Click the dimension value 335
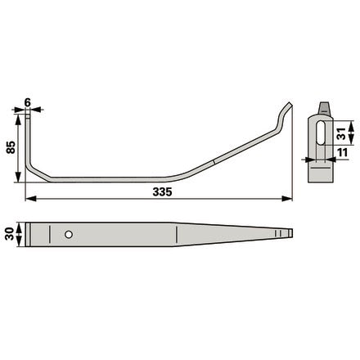[x=162, y=192]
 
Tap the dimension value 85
[x=11, y=147]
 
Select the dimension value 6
[x=28, y=103]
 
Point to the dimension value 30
[x=10, y=234]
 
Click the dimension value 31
[x=341, y=133]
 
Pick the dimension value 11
[x=342, y=153]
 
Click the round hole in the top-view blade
[x=69, y=234]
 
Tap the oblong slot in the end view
[x=321, y=133]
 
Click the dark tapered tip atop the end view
[x=324, y=107]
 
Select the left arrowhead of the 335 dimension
[x=30, y=199]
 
